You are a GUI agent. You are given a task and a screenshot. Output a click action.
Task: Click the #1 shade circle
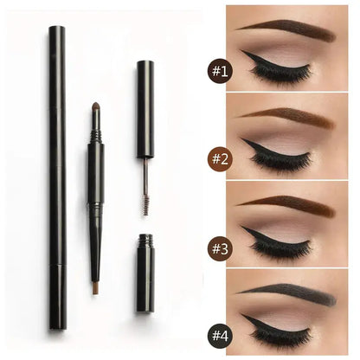click(x=220, y=71)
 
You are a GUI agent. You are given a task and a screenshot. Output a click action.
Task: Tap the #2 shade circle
click(x=220, y=159)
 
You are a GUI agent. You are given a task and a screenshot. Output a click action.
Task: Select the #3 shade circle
click(x=220, y=248)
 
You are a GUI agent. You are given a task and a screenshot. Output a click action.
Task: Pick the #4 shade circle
click(x=220, y=336)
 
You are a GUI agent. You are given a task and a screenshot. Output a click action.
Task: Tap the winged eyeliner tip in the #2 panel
click(x=241, y=139)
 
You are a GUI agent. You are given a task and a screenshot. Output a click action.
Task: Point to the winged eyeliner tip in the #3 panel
click(x=241, y=227)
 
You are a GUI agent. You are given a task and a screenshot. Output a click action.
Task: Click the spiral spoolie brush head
click(x=145, y=204)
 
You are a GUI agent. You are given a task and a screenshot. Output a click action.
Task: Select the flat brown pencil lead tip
click(x=96, y=289)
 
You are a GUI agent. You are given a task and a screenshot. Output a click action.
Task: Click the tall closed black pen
click(x=57, y=177)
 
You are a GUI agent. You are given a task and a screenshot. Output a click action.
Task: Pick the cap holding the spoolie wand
click(x=145, y=109)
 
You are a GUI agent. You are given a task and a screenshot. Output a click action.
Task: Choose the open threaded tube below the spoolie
click(x=145, y=273)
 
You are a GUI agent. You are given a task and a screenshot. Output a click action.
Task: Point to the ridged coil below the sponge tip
click(x=96, y=136)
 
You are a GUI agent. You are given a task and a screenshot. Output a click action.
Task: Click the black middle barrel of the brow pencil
click(x=96, y=172)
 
